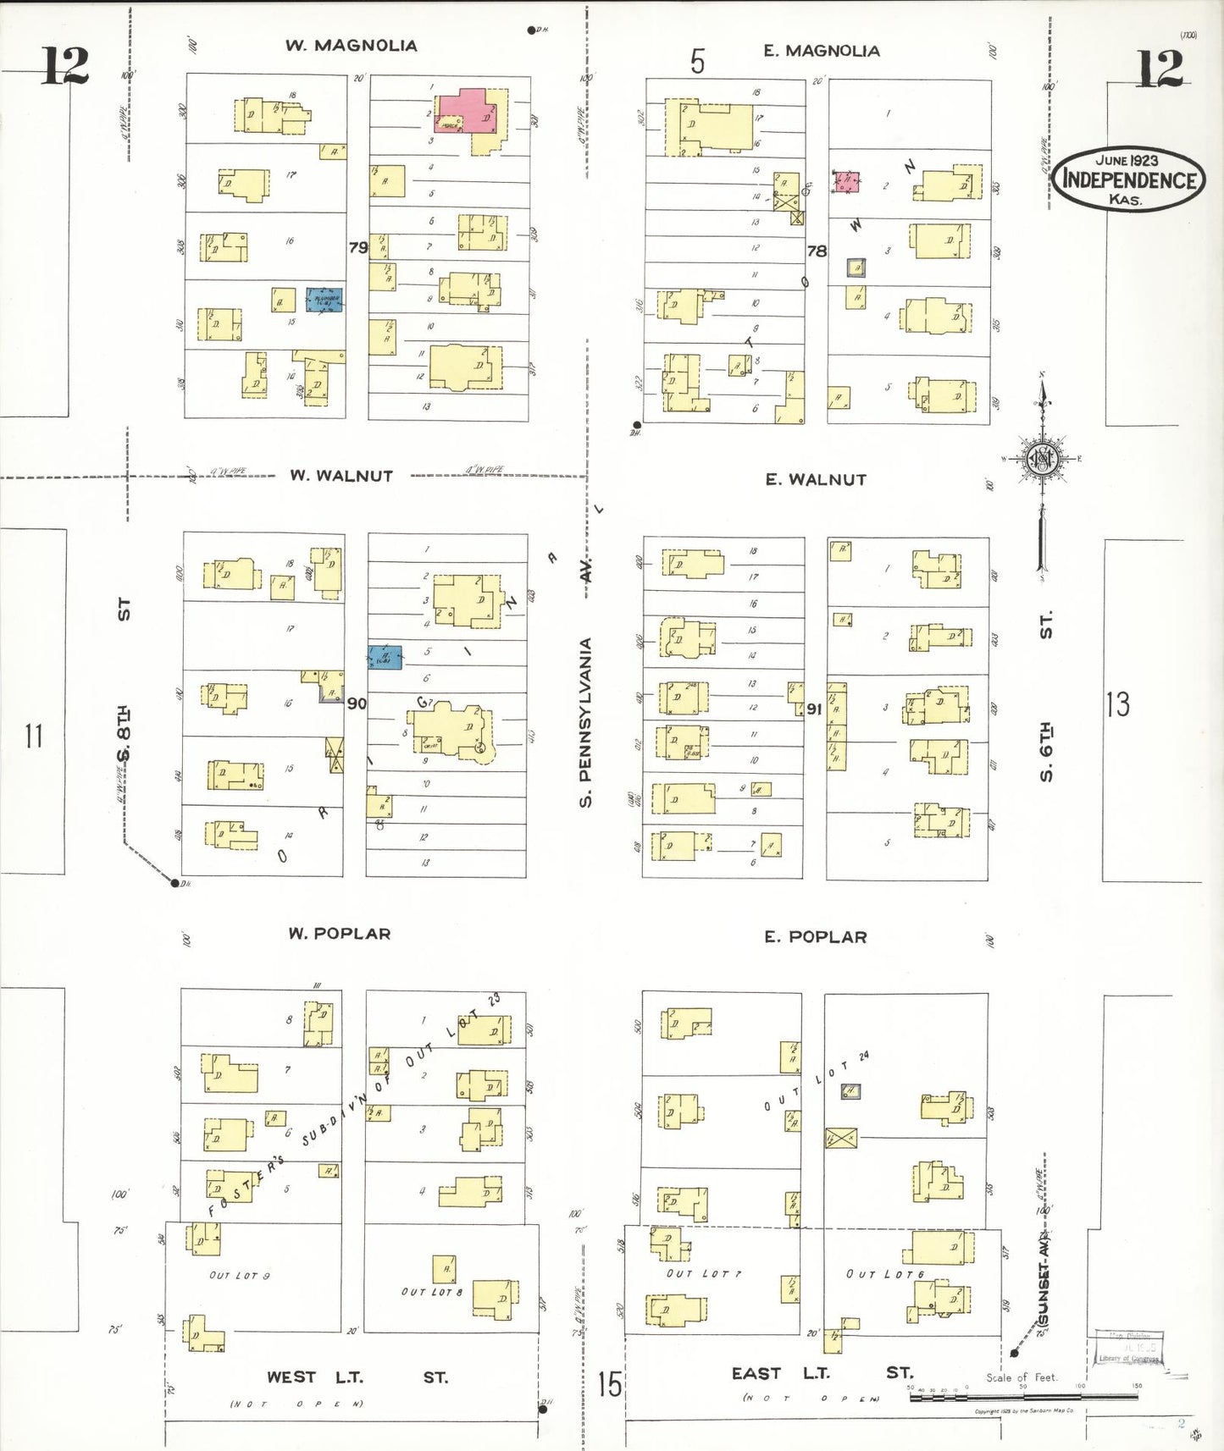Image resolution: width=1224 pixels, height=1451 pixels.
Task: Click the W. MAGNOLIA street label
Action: (351, 46)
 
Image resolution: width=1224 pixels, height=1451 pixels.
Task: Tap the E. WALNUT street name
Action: (816, 480)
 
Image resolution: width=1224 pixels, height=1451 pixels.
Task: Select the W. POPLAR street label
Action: (340, 934)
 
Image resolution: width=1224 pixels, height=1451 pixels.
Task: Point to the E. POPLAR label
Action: (816, 937)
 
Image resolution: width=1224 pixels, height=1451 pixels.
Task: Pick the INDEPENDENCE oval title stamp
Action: (1128, 179)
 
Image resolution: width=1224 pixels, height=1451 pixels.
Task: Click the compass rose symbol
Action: (1042, 460)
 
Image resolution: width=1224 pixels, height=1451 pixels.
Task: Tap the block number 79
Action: (358, 247)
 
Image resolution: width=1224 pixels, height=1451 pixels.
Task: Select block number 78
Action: (817, 251)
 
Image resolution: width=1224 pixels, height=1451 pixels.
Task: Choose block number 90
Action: (357, 703)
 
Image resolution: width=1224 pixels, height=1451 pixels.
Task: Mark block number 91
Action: (814, 709)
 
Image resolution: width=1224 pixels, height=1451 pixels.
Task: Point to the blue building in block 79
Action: (324, 299)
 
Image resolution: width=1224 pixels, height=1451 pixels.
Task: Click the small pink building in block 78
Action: (846, 181)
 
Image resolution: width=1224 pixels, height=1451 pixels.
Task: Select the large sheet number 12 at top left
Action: (64, 66)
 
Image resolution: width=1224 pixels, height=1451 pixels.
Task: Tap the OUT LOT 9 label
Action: (239, 1275)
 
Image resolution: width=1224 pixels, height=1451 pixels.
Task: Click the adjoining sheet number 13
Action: (1117, 704)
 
